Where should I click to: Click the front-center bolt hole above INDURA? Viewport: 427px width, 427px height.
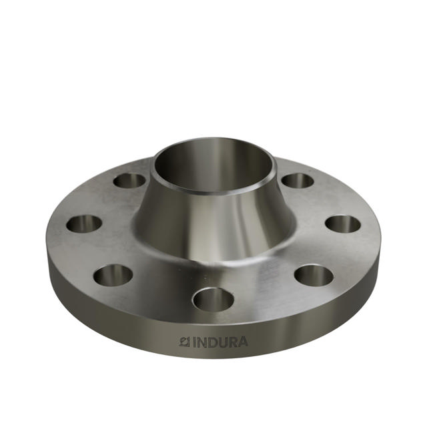point(213,299)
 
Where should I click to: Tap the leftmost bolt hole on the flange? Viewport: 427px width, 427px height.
point(84,224)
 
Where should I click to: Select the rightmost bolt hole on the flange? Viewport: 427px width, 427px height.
point(343,224)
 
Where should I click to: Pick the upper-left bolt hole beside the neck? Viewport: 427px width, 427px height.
point(129,180)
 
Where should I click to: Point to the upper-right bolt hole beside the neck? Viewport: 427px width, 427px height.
point(298,180)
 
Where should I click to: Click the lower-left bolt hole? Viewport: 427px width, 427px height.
point(113,274)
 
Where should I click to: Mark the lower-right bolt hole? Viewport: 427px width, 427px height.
point(314,275)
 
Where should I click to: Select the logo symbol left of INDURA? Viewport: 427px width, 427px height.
point(185,342)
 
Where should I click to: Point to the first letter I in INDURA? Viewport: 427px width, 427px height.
point(195,342)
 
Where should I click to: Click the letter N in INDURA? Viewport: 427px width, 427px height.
point(202,342)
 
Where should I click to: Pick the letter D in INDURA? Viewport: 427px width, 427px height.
point(212,342)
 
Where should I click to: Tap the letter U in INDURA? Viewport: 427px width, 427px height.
point(222,342)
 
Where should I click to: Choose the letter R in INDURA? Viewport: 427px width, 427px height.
point(232,342)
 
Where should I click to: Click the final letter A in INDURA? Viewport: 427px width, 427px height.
point(242,342)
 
